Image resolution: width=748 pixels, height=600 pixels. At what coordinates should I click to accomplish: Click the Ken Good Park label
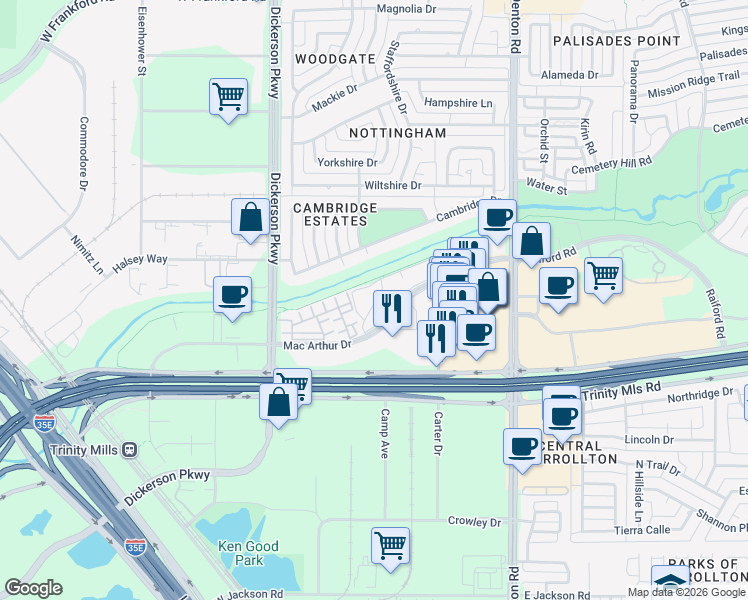point(240,553)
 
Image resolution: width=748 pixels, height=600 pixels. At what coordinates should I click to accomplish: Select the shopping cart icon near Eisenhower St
point(229,97)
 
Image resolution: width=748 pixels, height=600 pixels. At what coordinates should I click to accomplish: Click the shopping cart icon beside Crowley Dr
point(390,545)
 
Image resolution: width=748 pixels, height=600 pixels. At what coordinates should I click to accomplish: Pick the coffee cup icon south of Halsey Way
point(233,295)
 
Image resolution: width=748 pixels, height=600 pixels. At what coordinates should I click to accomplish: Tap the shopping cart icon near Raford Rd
point(603,274)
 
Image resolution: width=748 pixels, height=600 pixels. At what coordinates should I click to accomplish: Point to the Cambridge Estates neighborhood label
point(334,215)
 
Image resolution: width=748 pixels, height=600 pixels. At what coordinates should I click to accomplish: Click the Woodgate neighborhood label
point(334,60)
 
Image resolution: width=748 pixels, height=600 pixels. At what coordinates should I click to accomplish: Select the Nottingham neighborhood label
point(397,132)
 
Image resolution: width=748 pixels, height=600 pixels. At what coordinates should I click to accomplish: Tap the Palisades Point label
point(614,41)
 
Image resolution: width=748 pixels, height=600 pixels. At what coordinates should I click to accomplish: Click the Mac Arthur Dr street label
point(318,345)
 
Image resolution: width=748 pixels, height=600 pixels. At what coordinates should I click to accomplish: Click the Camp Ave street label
point(384,433)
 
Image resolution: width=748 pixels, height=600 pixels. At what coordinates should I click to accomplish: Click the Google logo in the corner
point(33,588)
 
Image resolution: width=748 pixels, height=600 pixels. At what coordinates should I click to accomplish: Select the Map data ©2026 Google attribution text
point(686,592)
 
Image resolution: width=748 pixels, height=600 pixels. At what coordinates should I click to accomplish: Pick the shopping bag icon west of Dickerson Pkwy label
point(249,217)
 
